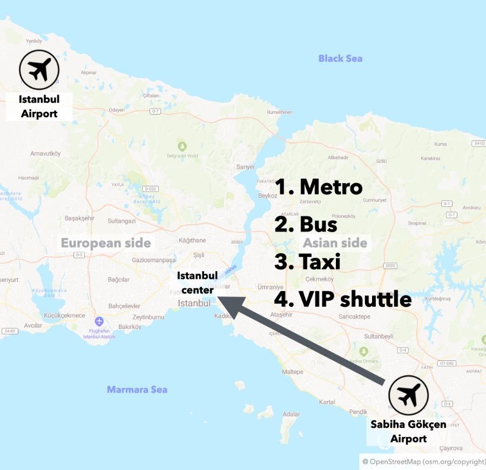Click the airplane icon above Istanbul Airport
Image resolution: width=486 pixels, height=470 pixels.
point(39,70)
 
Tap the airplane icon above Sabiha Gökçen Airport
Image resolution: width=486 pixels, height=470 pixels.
point(408,395)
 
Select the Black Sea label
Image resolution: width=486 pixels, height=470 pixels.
point(340,58)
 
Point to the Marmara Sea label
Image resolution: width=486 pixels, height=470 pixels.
point(137,389)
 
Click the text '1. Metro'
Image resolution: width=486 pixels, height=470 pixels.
point(319,186)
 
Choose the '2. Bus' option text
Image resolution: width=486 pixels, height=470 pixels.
point(306,224)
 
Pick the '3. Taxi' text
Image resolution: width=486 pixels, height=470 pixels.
point(307,261)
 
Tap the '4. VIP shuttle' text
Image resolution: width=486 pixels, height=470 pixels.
point(343,299)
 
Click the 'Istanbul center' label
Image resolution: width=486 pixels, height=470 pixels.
point(197,283)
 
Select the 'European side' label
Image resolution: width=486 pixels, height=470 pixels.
point(106,243)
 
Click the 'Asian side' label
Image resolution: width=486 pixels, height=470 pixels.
point(335,243)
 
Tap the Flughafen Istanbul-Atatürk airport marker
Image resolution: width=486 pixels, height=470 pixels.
point(99,322)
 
